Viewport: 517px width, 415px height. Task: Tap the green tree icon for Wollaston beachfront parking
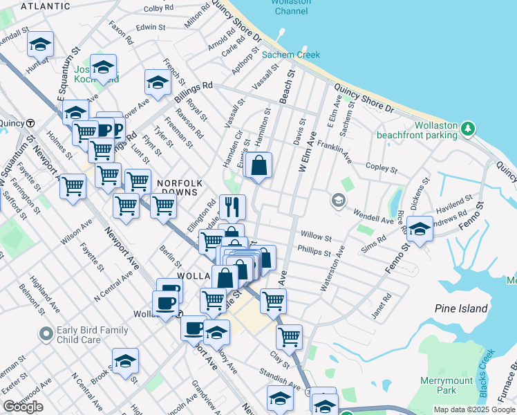468,128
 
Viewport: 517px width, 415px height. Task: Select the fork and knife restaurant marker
232,206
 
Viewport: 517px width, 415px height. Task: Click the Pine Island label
462,308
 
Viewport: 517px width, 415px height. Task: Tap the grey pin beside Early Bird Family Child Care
46,335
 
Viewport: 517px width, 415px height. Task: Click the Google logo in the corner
23,407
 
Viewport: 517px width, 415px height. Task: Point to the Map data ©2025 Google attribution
474,409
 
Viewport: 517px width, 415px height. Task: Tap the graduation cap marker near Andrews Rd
420,229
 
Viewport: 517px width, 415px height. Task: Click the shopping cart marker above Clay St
288,337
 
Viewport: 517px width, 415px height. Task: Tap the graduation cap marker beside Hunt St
40,45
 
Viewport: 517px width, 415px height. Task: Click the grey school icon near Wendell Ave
338,201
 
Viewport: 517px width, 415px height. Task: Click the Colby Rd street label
158,9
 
